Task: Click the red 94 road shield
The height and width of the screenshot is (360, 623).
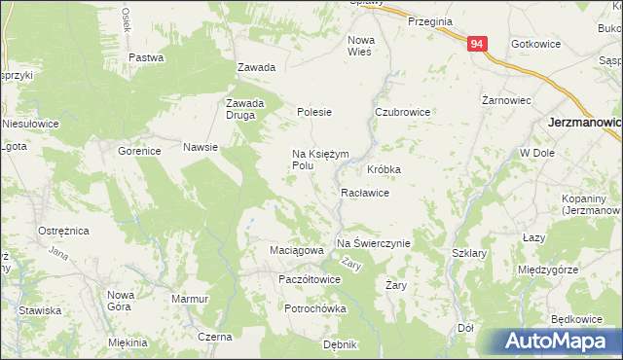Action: pyautogui.click(x=476, y=45)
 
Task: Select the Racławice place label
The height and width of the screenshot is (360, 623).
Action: pyautogui.click(x=365, y=193)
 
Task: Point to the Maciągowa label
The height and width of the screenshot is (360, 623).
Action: pyautogui.click(x=296, y=251)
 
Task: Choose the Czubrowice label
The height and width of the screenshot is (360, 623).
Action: pyautogui.click(x=403, y=112)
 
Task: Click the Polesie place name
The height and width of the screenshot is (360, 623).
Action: pyautogui.click(x=314, y=112)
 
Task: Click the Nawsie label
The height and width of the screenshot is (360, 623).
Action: pyautogui.click(x=200, y=148)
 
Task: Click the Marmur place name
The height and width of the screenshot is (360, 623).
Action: pyautogui.click(x=190, y=299)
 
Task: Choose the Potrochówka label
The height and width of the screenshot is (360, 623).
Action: pyautogui.click(x=315, y=308)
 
